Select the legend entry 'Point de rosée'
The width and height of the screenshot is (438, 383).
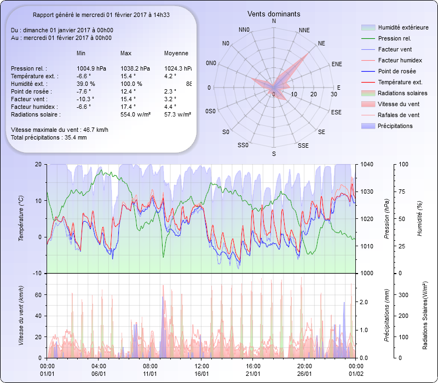pyautogui.click(x=396, y=72)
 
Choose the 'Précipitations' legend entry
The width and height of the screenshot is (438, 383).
pyautogui.click(x=395, y=126)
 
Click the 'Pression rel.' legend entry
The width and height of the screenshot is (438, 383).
pyautogui.click(x=394, y=38)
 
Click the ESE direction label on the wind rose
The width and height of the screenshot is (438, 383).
pyautogui.click(x=337, y=112)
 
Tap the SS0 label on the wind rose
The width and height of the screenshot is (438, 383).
pyautogui.click(x=243, y=146)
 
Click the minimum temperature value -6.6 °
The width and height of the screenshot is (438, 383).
pyautogui.click(x=83, y=76)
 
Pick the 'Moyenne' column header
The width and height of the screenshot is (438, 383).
pyautogui.click(x=176, y=54)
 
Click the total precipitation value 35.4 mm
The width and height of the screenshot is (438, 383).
pyautogui.click(x=74, y=137)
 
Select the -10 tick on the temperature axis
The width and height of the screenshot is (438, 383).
pyautogui.click(x=38, y=273)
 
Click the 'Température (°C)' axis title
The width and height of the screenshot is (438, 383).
pyautogui.click(x=21, y=219)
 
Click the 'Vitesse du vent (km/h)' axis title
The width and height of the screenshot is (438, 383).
pyautogui.click(x=21, y=316)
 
